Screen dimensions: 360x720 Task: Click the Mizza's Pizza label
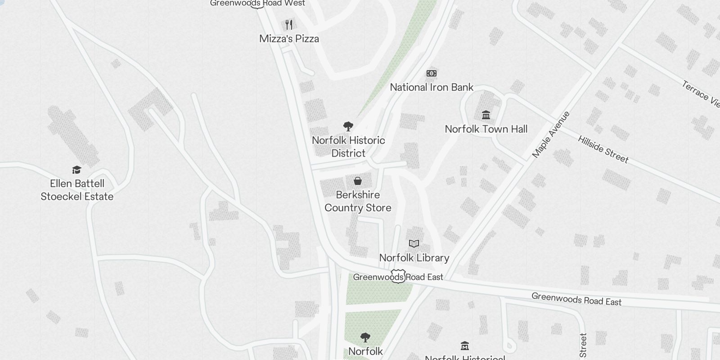tap(289, 39)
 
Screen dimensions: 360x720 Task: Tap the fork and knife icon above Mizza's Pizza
tap(289, 24)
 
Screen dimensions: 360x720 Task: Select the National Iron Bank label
tap(432, 87)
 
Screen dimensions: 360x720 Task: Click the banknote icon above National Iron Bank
tap(432, 73)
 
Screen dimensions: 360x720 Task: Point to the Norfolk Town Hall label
tap(486, 129)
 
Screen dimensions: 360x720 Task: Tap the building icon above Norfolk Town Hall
tap(486, 115)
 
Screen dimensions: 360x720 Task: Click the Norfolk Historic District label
tap(348, 147)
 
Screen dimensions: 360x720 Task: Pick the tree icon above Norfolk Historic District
tap(348, 126)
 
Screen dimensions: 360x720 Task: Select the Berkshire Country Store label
tap(358, 201)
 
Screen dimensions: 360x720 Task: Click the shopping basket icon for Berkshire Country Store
tap(358, 181)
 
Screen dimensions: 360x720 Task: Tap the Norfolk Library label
tap(414, 258)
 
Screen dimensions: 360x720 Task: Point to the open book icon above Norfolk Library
tap(414, 243)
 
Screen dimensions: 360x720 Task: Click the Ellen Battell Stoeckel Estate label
tap(77, 190)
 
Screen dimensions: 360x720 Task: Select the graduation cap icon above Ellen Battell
tap(77, 170)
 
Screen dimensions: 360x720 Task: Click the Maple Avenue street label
tap(551, 135)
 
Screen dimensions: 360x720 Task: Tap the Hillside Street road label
tap(603, 149)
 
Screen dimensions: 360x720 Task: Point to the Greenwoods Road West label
tap(257, 3)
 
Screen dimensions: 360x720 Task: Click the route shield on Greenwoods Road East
tap(398, 276)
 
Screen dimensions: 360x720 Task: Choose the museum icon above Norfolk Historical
tap(465, 346)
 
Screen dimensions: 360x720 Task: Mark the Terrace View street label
tap(701, 94)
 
